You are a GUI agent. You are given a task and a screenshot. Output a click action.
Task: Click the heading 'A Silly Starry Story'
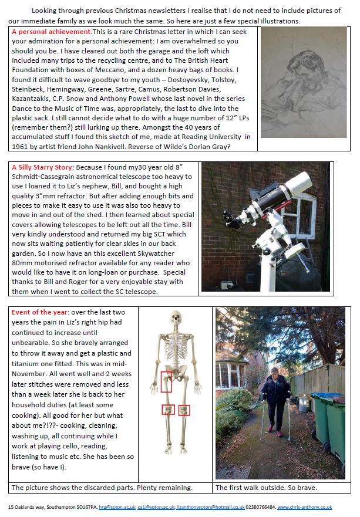pyautogui.click(x=43, y=167)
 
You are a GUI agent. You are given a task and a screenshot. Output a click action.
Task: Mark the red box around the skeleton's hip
pyautogui.click(x=166, y=381)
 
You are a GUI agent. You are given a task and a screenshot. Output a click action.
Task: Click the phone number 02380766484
pyautogui.click(x=260, y=506)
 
